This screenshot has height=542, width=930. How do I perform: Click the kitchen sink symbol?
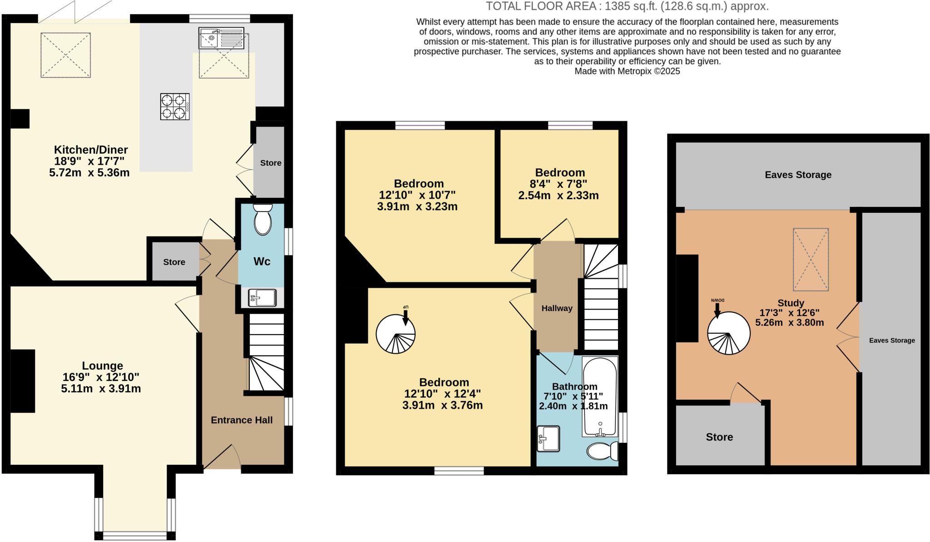pos(221,38)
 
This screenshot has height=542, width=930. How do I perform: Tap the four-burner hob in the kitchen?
pos(175,107)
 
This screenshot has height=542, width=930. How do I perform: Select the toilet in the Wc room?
pos(262,220)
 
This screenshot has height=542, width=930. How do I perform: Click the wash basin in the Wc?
pos(262,298)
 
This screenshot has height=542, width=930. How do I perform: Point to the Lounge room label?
pos(102,366)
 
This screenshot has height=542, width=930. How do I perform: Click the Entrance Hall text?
pos(242,420)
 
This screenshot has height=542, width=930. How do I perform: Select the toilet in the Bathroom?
pos(602,452)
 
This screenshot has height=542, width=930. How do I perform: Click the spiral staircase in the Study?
pos(728,333)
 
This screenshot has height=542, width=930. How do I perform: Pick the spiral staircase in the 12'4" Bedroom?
pos(396,334)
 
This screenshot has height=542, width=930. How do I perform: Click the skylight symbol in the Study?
pos(811,259)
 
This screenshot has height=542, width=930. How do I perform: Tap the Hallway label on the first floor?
pos(557,308)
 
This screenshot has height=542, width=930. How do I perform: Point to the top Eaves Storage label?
pos(798,175)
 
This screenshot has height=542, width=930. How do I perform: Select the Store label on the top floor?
pos(719,437)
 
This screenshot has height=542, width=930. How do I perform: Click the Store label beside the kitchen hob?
pos(271,163)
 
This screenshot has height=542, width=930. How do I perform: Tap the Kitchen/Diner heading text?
pos(91,150)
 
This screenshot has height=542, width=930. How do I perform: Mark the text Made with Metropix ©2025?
pos(627,71)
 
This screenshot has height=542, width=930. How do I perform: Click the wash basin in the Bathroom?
pos(548,439)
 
